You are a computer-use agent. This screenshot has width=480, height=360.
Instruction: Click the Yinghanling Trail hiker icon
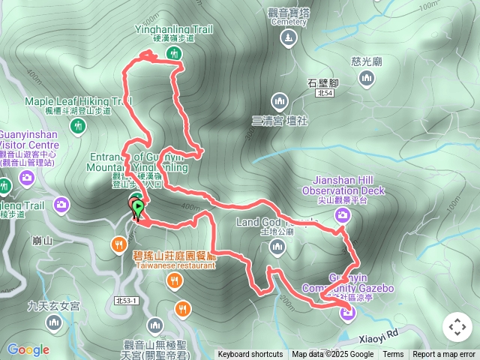coord(174,53)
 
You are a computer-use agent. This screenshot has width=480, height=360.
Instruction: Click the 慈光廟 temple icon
coord(367,79)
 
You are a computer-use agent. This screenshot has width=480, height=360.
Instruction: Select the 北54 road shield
coord(324,94)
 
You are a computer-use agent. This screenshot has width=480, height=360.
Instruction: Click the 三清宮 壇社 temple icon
coord(280,100)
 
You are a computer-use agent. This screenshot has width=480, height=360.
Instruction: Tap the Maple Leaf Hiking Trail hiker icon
coord(77,127)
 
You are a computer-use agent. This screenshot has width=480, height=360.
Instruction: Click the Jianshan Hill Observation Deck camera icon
coord(342,216)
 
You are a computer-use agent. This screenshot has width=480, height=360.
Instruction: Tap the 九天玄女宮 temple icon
coord(52,323)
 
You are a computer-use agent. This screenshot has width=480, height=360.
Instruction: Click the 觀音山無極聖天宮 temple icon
coord(155,325)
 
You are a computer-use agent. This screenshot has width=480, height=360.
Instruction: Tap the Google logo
coord(28,349)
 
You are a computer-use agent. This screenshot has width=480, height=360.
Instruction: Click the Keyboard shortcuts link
coord(250,355)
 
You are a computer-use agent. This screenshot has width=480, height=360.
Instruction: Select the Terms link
coord(393,355)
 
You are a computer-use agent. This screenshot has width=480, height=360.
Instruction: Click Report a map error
coord(445,355)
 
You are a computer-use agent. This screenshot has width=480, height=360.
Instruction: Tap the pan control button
coord(457,327)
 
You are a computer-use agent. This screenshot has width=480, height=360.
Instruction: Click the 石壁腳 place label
coord(323,82)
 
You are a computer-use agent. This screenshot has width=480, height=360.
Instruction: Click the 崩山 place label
coord(42,241)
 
